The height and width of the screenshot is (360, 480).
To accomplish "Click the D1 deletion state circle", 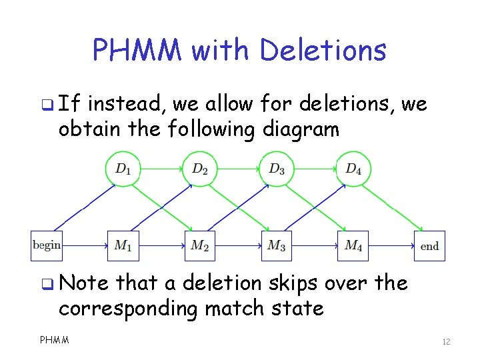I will pyautogui.click(x=123, y=169).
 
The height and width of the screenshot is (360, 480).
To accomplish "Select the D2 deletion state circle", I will pyautogui.click(x=200, y=169).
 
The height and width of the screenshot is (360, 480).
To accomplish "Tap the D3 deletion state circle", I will pyautogui.click(x=277, y=169).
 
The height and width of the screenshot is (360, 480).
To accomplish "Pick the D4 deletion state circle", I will pyautogui.click(x=353, y=169).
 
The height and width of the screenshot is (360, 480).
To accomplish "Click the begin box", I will pyautogui.click(x=47, y=245).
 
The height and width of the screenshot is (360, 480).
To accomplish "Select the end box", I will pyautogui.click(x=429, y=245).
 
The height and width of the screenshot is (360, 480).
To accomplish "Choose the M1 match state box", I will pyautogui.click(x=123, y=245).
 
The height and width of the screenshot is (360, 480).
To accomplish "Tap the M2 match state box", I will pyautogui.click(x=200, y=245).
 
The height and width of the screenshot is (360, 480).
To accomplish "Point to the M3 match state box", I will pyautogui.click(x=277, y=245).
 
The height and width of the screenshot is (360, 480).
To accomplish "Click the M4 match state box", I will pyautogui.click(x=353, y=245).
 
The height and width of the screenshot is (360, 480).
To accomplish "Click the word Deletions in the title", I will pyautogui.click(x=323, y=50).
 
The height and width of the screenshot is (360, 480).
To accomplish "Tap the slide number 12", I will pyautogui.click(x=446, y=342).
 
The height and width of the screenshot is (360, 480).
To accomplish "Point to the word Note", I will pyautogui.click(x=83, y=283).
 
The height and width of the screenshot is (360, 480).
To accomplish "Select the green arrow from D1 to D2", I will pyautogui.click(x=161, y=169).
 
